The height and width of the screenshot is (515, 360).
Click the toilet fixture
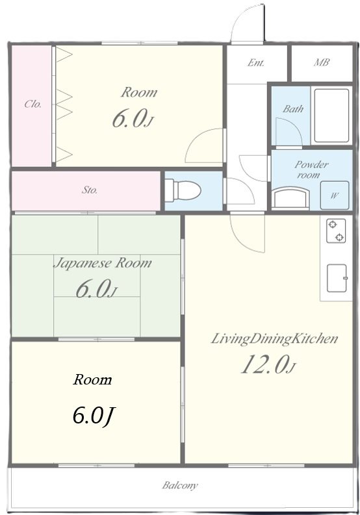pyautogui.click(x=183, y=190)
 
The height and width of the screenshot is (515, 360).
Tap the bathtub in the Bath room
pyautogui.click(x=331, y=116)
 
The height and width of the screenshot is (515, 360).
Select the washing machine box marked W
pyautogui.click(x=335, y=195)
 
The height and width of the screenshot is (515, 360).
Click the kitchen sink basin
pyautogui.click(x=337, y=278)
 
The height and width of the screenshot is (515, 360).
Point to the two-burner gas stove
pyautogui.click(x=336, y=231)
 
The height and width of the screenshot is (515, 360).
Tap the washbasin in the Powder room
pyautogui.click(x=291, y=197)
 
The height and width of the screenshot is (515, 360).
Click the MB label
pyautogui.click(x=321, y=62)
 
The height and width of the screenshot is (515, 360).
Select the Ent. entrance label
pyautogui.click(x=256, y=62)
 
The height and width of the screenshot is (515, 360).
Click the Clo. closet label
pyautogui.click(x=33, y=104)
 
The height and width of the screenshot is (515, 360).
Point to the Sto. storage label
pyautogui.click(x=90, y=190)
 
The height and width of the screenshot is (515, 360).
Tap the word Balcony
pyautogui.click(x=180, y=485)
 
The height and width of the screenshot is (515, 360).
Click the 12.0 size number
pyautogui.click(x=264, y=364)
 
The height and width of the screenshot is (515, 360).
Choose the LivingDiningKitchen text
pyautogui.click(x=274, y=338)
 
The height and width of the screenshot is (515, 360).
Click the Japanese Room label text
pyautogui.click(x=102, y=263)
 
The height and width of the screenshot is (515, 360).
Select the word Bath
pyautogui.click(x=293, y=108)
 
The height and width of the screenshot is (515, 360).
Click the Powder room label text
pyautogui.click(x=310, y=169)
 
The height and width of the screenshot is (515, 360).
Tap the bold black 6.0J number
pyautogui.click(x=94, y=416)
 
